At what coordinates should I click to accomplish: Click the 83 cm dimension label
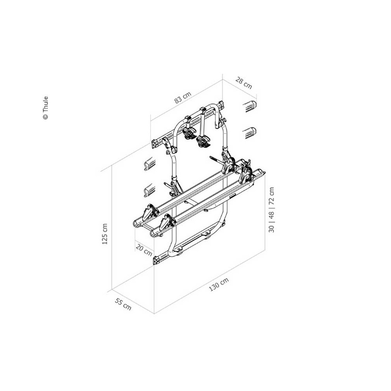point(183,97)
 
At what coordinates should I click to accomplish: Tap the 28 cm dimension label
point(244,83)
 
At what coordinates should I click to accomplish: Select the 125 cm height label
point(105,234)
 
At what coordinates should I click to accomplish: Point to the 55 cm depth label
point(123,304)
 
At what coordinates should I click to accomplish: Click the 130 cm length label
point(219,284)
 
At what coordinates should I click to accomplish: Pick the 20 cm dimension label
point(144,250)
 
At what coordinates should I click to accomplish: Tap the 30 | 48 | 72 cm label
point(271,210)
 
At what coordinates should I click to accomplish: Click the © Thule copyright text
point(45,108)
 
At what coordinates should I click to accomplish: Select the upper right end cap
point(249,106)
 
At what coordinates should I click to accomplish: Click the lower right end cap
point(249,133)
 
